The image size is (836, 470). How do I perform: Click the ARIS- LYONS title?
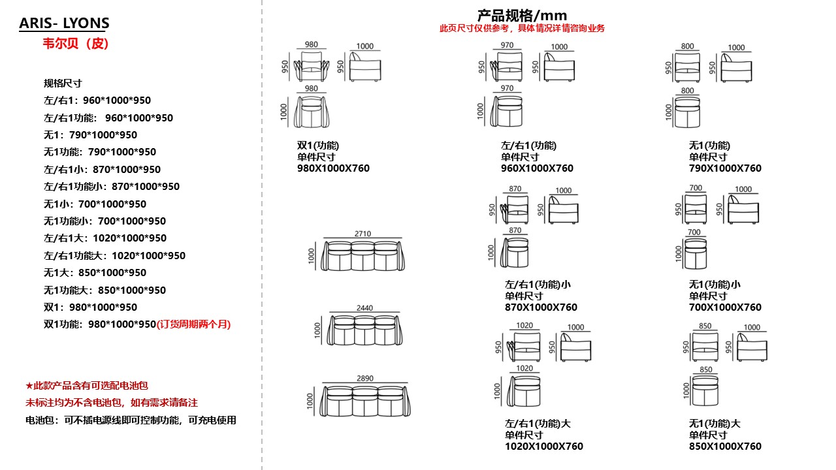[x=64, y=24]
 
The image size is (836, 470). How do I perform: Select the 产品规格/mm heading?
[x=522, y=16]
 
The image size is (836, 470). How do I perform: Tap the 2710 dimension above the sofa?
[x=362, y=233]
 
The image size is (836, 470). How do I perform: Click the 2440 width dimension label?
[x=364, y=308]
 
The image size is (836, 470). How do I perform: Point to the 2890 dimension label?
[x=365, y=378]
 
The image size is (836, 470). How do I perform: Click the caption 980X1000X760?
[x=333, y=168]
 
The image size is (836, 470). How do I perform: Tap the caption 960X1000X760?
[x=537, y=168]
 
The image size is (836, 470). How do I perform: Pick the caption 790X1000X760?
[x=725, y=168]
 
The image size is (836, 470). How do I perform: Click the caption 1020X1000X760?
[x=543, y=446]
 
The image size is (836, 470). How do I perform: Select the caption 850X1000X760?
[x=725, y=446]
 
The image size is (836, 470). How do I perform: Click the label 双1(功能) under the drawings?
[x=318, y=145]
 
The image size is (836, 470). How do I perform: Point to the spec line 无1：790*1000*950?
[x=90, y=135]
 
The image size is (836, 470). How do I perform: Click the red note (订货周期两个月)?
[x=194, y=324]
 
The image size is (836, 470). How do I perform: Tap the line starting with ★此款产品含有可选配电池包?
[x=87, y=386]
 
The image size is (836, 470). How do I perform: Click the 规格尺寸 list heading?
[x=63, y=83]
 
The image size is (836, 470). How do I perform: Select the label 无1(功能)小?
[x=715, y=285]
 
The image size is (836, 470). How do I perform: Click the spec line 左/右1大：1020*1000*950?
[x=105, y=238]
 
